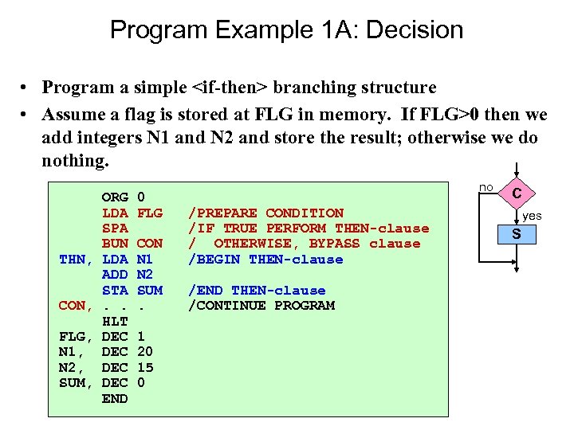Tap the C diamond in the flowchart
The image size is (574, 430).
(x=517, y=193)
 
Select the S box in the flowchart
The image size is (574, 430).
(x=517, y=234)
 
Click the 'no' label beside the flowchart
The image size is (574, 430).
(x=486, y=186)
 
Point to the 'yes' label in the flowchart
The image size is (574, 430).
(x=532, y=216)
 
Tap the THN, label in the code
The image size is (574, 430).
(x=78, y=259)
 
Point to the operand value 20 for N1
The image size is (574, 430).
(x=145, y=352)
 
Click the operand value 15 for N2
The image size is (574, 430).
(x=145, y=367)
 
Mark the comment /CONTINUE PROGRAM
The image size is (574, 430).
(x=261, y=306)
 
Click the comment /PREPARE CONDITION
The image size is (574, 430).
(x=265, y=213)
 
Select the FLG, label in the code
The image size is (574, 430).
(x=78, y=336)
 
